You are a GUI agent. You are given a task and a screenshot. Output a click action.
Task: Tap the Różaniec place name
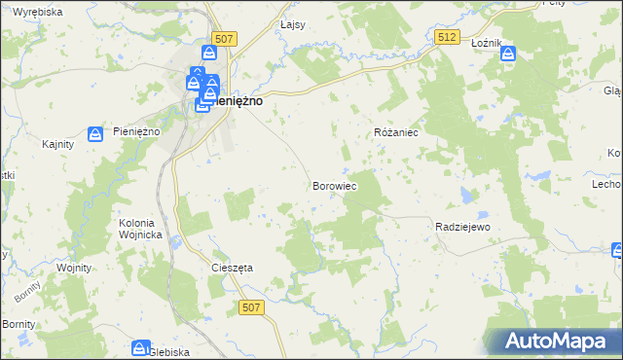[396, 132]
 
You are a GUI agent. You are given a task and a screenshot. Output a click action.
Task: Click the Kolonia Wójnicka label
[136, 228]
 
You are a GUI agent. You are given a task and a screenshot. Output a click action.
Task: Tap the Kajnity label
[60, 144]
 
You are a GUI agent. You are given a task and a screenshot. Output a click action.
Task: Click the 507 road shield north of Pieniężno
[225, 39]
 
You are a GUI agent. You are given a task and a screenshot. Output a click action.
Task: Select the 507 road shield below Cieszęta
[250, 307]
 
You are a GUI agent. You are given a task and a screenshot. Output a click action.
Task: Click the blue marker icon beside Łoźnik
[509, 54]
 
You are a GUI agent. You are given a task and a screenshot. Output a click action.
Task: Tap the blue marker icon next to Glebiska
[140, 347]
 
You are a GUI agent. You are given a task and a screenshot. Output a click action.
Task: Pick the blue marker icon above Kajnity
[95, 133]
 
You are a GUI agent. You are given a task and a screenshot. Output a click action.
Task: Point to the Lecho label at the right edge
[606, 184]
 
